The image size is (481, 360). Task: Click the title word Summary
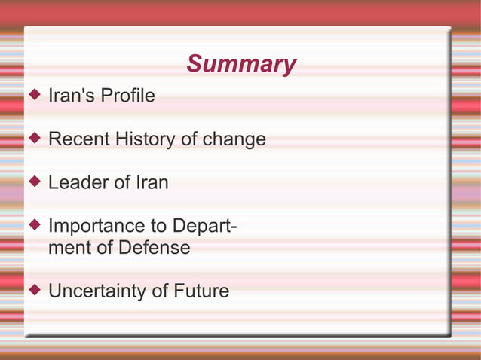[240, 64]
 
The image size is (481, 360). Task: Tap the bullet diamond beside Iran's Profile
[35, 95]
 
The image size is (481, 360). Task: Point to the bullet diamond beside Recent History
[35, 138]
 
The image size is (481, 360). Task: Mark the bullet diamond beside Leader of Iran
[35, 181]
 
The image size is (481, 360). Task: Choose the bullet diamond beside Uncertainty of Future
[35, 289]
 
